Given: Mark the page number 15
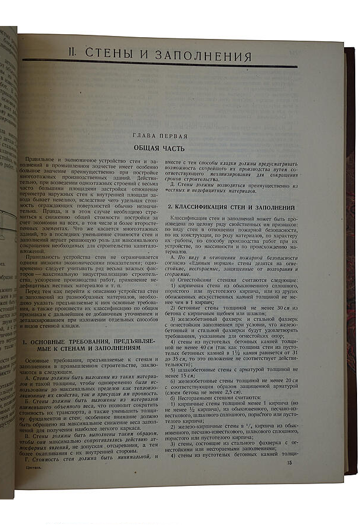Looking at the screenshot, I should (289, 462).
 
